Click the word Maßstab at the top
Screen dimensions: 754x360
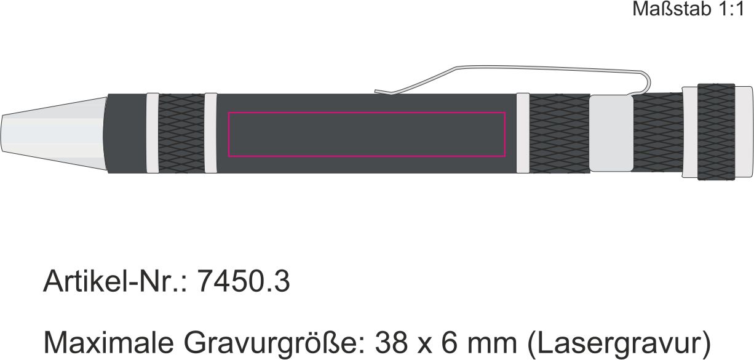pyautogui.click(x=672, y=9)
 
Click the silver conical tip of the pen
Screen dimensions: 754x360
pyautogui.click(x=54, y=134)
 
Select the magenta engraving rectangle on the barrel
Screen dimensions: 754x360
pyautogui.click(x=367, y=113)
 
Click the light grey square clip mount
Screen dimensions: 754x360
pyautogui.click(x=611, y=133)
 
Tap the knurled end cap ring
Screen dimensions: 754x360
pyautogui.click(x=716, y=132)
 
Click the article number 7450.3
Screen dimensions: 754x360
pyautogui.click(x=243, y=281)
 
